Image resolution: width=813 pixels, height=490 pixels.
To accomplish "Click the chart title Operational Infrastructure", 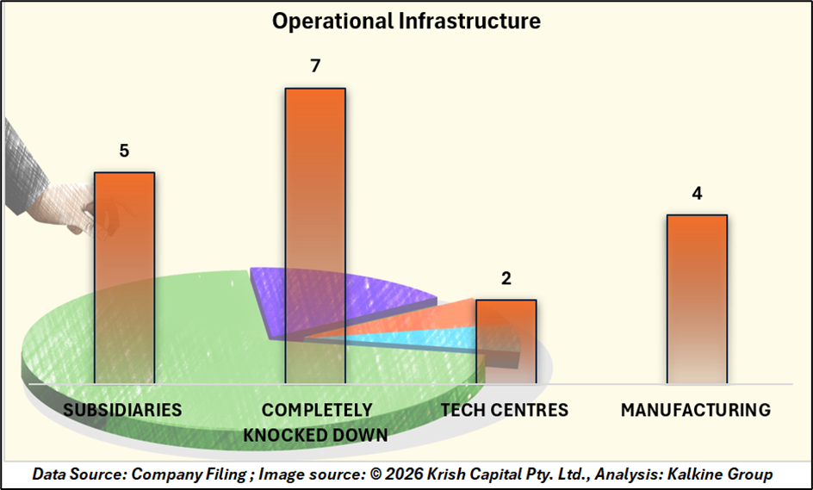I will [x=406, y=21].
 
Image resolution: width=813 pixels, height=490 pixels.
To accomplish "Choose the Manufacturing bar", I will [x=697, y=297].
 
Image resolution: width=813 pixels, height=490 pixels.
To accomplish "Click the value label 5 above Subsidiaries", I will [x=124, y=152].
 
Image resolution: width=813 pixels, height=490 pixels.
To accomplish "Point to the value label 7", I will [x=315, y=67].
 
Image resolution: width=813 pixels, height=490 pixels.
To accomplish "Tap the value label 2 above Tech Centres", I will [x=506, y=279].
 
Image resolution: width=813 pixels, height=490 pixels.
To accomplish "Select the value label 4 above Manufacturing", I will [x=697, y=194].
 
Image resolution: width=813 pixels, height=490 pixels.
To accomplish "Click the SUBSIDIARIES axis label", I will [x=122, y=410].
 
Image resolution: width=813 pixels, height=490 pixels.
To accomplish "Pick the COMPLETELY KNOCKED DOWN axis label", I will [x=316, y=422].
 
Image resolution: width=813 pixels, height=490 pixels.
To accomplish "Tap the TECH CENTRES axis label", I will [x=505, y=410].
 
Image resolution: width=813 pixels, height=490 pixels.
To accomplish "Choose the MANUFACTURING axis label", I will [x=696, y=410].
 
